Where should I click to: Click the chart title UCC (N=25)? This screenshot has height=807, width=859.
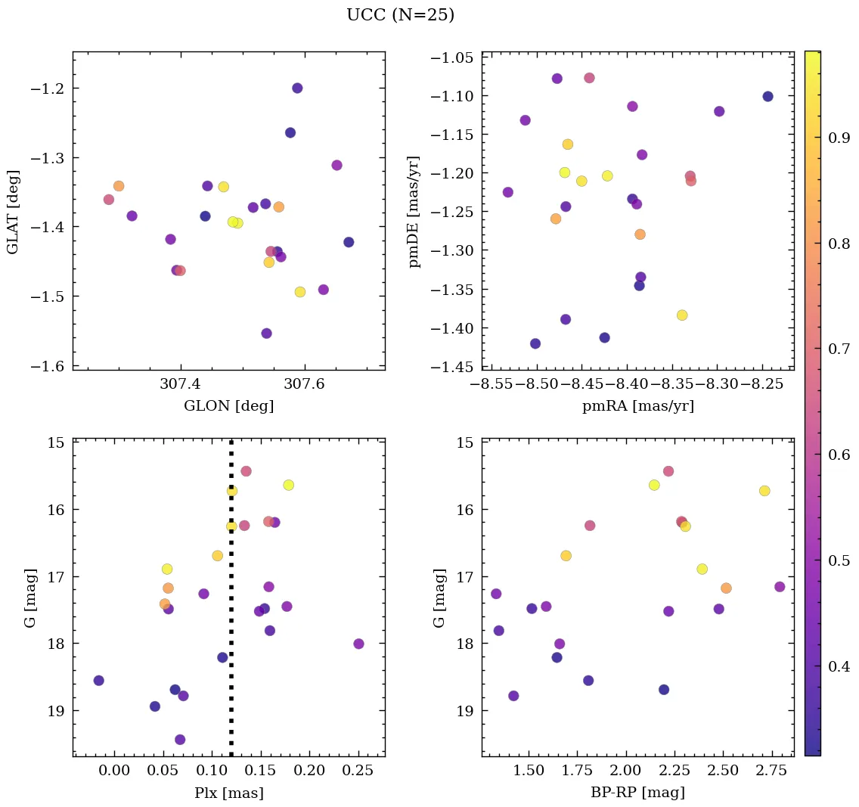pos(400,15)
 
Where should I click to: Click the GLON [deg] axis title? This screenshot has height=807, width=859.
pos(228,406)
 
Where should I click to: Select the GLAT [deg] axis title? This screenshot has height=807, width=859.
pos(14,212)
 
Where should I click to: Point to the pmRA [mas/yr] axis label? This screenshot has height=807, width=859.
pos(637,406)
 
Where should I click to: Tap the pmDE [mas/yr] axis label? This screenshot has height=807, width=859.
pos(414,212)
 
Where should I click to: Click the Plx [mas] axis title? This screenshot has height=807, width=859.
pos(228,793)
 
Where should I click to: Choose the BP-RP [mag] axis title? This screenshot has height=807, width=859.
pos(637,793)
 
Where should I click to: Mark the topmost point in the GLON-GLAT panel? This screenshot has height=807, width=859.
pos(297,88)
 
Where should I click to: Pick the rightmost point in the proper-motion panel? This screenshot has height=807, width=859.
pos(768,96)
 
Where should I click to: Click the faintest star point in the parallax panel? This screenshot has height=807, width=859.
pos(180,740)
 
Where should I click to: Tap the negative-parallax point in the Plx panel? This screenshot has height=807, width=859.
pos(98,681)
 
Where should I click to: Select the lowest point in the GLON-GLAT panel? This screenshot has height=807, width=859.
pos(266,334)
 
